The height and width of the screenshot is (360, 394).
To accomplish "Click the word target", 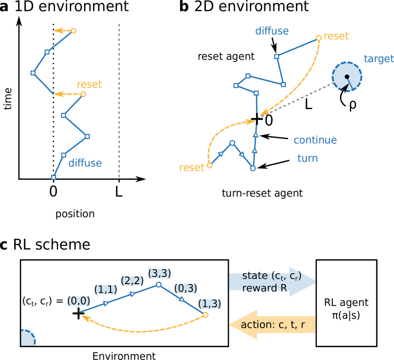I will pyautogui.click(x=378, y=59).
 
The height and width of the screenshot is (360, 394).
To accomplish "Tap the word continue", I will pyautogui.click(x=315, y=140).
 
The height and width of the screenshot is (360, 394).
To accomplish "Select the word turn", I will pyautogui.click(x=307, y=158).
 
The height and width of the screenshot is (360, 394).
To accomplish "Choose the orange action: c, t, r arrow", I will pyautogui.click(x=272, y=325).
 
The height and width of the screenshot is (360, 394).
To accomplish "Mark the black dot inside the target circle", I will pyautogui.click(x=347, y=77).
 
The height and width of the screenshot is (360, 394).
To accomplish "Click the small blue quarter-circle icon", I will pyautogui.click(x=27, y=338).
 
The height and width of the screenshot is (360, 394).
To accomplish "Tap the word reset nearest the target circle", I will pyautogui.click(x=336, y=36).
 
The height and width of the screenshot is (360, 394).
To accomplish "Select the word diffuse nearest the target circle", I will pyautogui.click(x=272, y=31).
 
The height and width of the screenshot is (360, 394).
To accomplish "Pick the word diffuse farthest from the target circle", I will pyautogui.click(x=85, y=163).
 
